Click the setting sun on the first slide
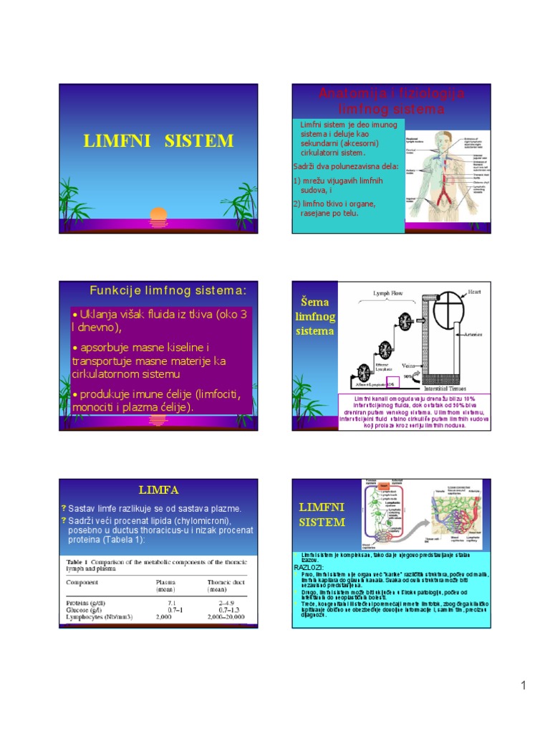click(x=158, y=215)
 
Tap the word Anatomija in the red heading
click(x=349, y=94)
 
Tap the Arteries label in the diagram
click(x=475, y=335)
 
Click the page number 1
click(x=524, y=686)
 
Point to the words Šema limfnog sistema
click(x=315, y=318)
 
